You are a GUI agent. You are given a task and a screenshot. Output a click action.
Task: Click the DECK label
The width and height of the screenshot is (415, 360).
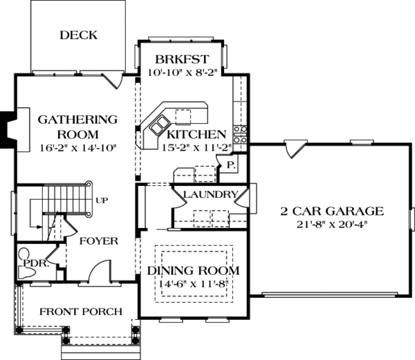[78, 35]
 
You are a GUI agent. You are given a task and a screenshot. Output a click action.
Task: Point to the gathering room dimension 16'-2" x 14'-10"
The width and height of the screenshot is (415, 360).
[77, 146]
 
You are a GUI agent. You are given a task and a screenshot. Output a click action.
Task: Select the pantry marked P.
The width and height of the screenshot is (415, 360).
[229, 165]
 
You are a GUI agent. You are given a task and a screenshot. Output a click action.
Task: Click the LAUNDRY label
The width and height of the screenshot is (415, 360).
[211, 195]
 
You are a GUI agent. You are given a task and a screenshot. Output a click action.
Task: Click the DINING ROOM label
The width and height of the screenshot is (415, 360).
[193, 270]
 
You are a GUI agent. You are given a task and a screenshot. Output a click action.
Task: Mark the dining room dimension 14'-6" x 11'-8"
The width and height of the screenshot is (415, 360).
[193, 283]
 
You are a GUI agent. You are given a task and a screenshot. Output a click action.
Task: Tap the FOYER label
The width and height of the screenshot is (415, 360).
[98, 241]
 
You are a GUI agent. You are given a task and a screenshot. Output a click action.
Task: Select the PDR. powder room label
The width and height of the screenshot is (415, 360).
[35, 263]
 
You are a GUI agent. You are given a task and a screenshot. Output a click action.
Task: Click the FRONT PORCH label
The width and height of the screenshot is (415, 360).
[80, 311]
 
